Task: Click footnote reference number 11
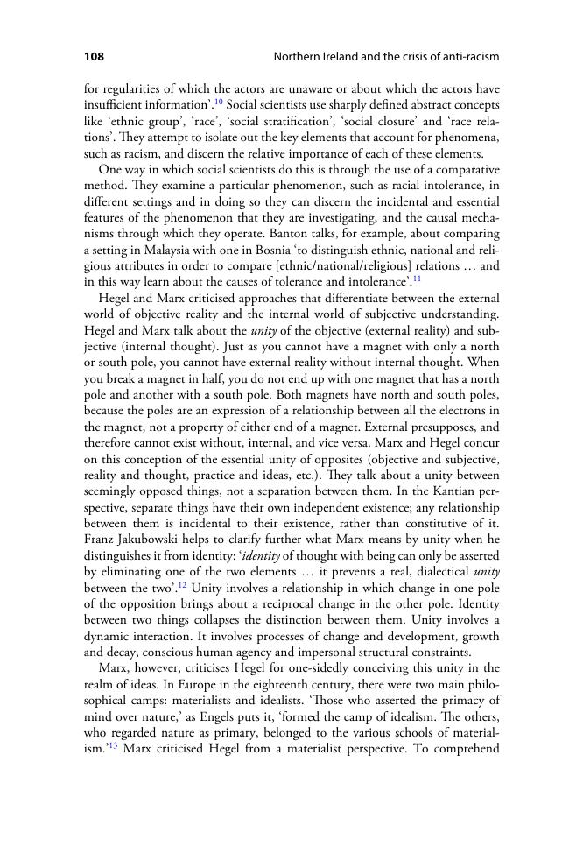(x=418, y=279)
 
